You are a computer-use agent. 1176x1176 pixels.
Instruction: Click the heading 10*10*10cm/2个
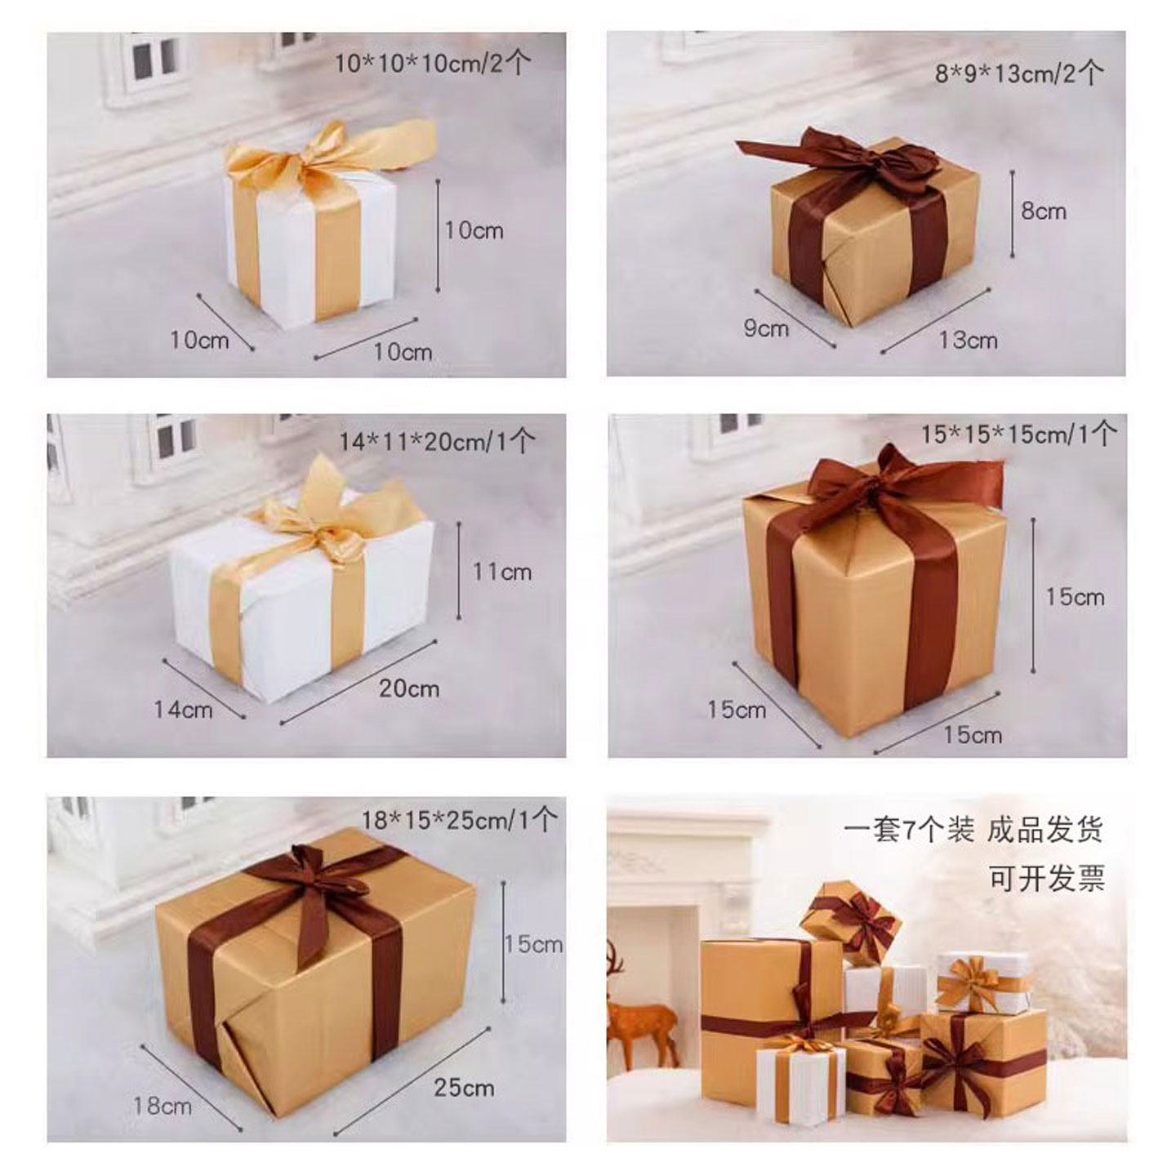[432, 63]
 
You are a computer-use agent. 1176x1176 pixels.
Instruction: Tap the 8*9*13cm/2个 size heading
[1019, 73]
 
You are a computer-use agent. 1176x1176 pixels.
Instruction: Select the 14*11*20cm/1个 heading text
[436, 441]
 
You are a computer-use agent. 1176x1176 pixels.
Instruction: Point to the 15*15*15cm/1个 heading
[1018, 434]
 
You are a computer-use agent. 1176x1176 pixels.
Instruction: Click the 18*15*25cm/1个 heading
[460, 820]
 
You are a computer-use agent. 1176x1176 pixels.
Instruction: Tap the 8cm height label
[1045, 212]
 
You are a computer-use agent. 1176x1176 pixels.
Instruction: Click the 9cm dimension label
[766, 328]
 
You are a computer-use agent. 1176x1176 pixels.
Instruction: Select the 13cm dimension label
[968, 340]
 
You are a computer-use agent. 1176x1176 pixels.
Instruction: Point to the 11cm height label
[502, 572]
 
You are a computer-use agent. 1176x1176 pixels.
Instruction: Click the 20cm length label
[409, 688]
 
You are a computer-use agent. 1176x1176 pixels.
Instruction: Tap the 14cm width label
[183, 709]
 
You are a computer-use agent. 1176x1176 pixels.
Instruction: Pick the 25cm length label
[464, 1088]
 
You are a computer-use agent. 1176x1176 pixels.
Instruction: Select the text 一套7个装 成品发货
[974, 830]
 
